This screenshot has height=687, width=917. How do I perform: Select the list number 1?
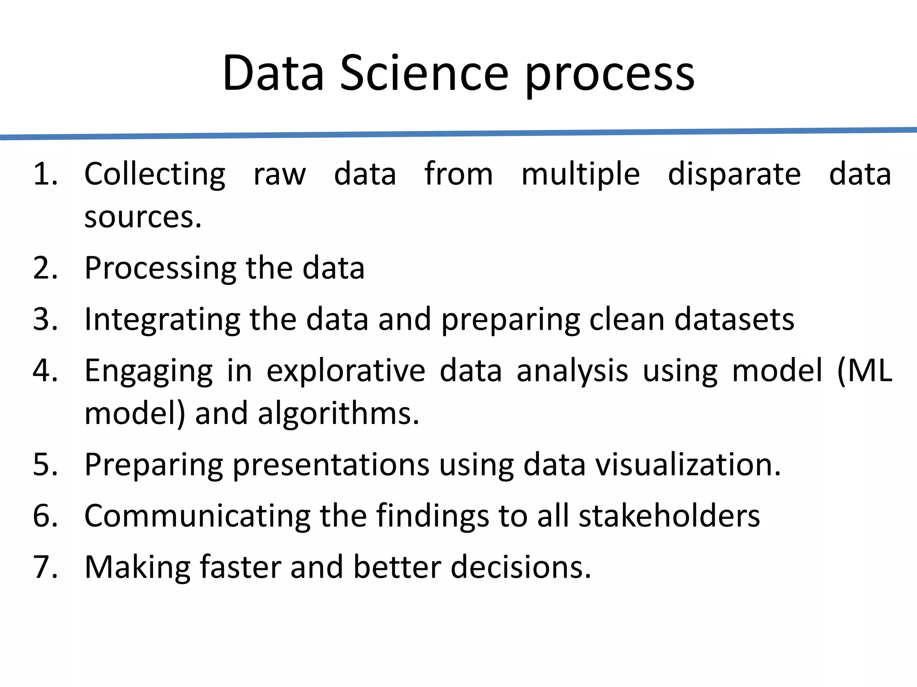pyautogui.click(x=45, y=174)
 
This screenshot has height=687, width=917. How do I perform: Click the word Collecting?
pyautogui.click(x=155, y=175)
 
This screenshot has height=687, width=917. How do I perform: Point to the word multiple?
pyautogui.click(x=580, y=175)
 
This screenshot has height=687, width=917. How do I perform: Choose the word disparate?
pyautogui.click(x=734, y=175)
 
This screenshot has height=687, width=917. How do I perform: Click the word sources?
pyautogui.click(x=142, y=218)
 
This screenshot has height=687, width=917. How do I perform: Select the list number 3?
pyautogui.click(x=45, y=320)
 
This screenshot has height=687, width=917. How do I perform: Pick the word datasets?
pyautogui.click(x=734, y=320)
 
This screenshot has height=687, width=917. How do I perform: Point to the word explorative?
pyautogui.click(x=346, y=372)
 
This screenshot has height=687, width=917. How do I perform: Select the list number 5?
pyautogui.click(x=45, y=465)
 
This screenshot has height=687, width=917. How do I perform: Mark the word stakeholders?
pyautogui.click(x=669, y=516)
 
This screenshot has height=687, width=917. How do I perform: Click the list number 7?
pyautogui.click(x=45, y=568)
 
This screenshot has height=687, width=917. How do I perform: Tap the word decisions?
pyautogui.click(x=520, y=568)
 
